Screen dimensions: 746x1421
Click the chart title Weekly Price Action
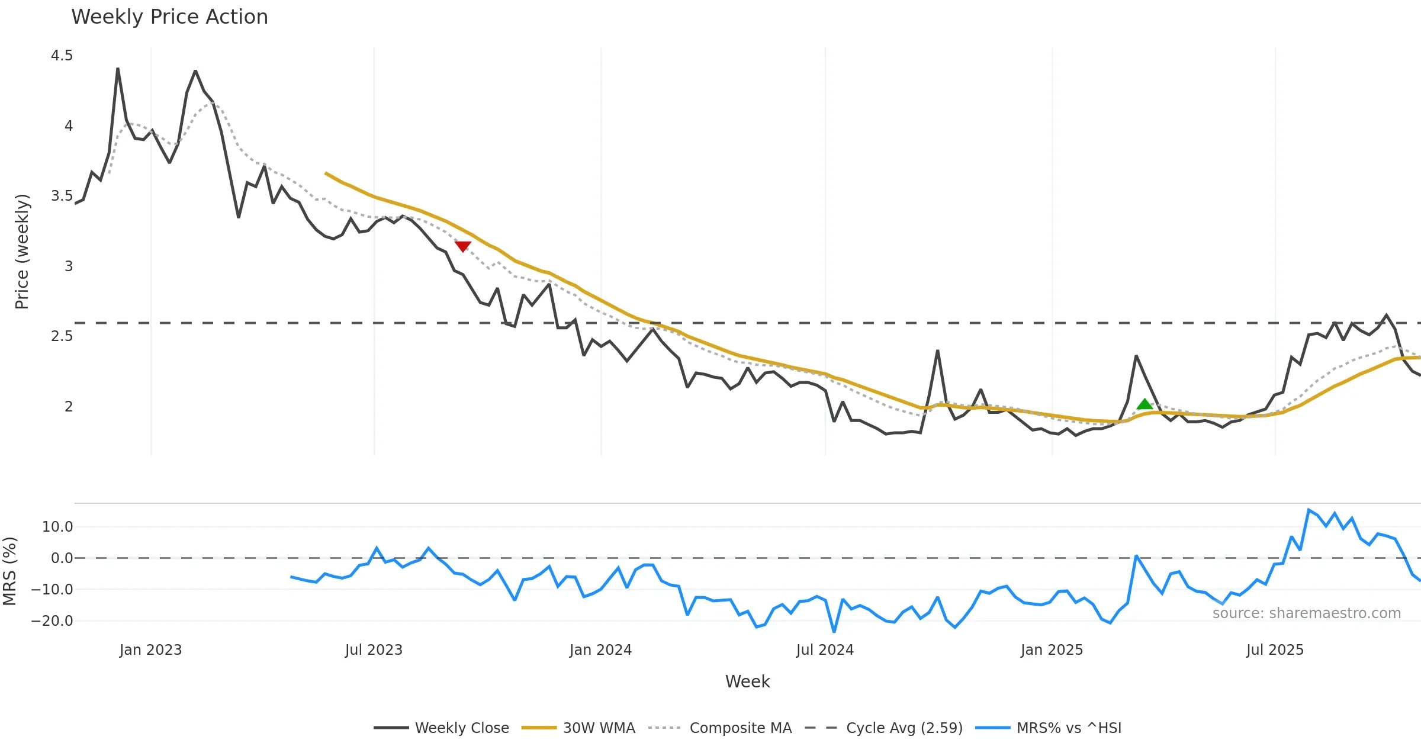169,17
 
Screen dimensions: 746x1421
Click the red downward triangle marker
463,246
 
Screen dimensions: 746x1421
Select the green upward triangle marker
1144,404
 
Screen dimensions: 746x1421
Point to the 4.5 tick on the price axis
62,56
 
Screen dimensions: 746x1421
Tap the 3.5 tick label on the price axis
62,196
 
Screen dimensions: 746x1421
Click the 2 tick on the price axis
69,407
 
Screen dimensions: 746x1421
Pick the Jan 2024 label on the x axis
600,650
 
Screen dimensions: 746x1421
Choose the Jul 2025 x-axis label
1275,650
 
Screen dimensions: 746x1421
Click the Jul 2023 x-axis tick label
374,650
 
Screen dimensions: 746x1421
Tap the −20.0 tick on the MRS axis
52,621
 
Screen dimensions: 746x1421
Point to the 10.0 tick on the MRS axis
57,527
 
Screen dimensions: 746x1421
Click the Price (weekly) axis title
22,252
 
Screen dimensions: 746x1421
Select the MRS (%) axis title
9,571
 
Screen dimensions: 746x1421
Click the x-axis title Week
747,682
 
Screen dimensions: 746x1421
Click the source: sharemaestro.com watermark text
1306,613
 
